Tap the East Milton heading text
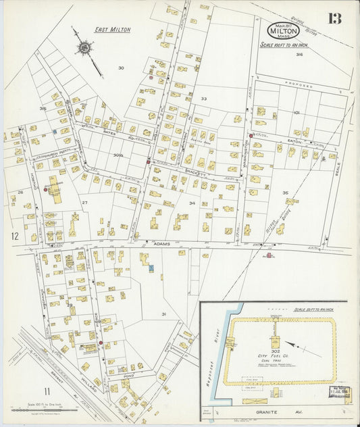pyautogui.click(x=112, y=30)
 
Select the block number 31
pyautogui.click(x=163, y=314)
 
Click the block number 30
pyautogui.click(x=121, y=68)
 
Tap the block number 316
pyautogui.click(x=298, y=55)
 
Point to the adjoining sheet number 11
pyautogui.click(x=47, y=391)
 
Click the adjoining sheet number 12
pyautogui.click(x=14, y=236)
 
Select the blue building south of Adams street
pyautogui.click(x=152, y=268)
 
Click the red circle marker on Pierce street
pyautogui.click(x=101, y=343)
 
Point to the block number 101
pyautogui.click(x=296, y=114)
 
